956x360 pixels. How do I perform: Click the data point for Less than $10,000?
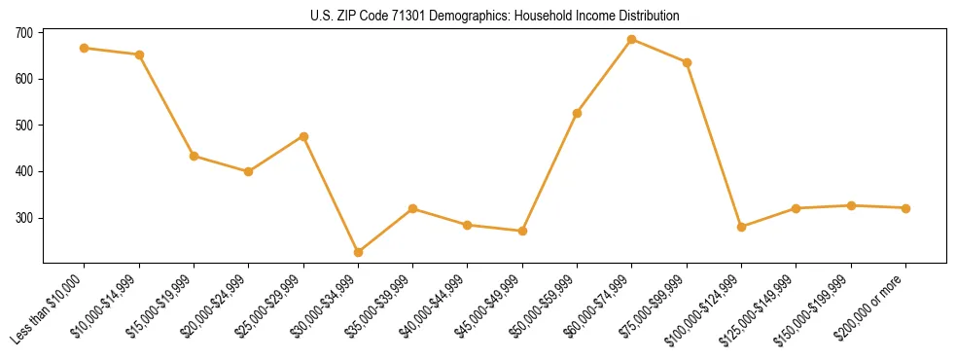pyautogui.click(x=85, y=48)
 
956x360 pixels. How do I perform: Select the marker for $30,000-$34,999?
pyautogui.click(x=359, y=252)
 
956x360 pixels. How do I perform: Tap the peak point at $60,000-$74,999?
pyautogui.click(x=632, y=40)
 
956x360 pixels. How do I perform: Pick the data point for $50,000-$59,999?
pyautogui.click(x=578, y=113)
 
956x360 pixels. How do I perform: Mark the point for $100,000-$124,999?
pyautogui.click(x=742, y=227)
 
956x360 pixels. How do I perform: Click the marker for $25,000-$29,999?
pyautogui.click(x=303, y=136)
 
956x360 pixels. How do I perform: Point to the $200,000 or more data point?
pyautogui.click(x=905, y=208)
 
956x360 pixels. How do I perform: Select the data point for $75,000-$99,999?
pyautogui.click(x=687, y=62)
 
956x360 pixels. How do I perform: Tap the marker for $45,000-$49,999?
pyautogui.click(x=523, y=231)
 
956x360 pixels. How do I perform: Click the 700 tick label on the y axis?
pyautogui.click(x=24, y=32)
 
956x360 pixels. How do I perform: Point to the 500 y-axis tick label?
pyautogui.click(x=24, y=126)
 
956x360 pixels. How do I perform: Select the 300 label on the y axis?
pyautogui.click(x=24, y=218)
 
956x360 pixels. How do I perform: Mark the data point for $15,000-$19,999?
pyautogui.click(x=195, y=156)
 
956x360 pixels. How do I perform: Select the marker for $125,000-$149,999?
pyautogui.click(x=797, y=208)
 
